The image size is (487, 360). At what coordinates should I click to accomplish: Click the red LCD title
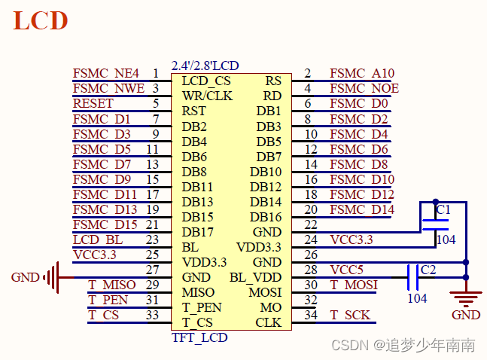click(41, 21)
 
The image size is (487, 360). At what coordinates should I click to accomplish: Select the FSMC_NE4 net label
click(106, 74)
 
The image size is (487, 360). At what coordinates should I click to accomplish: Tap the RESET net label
click(93, 104)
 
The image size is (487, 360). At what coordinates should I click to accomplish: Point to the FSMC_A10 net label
click(361, 74)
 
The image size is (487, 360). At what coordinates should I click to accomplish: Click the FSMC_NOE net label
click(364, 89)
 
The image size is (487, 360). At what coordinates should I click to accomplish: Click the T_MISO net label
click(112, 285)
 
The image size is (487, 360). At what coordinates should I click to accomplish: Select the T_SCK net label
click(350, 315)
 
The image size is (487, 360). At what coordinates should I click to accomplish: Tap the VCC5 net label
click(346, 270)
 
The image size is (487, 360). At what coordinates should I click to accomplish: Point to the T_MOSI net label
click(354, 285)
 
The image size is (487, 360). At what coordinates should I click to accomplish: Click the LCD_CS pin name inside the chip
click(206, 81)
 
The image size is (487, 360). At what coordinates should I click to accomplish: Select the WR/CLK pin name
click(207, 96)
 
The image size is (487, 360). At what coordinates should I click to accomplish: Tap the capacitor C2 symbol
click(412, 276)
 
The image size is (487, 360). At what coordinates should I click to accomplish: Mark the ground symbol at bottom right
click(466, 300)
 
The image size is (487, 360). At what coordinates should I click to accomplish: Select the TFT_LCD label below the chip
click(199, 337)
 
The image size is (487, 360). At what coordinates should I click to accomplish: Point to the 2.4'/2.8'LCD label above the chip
click(205, 66)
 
